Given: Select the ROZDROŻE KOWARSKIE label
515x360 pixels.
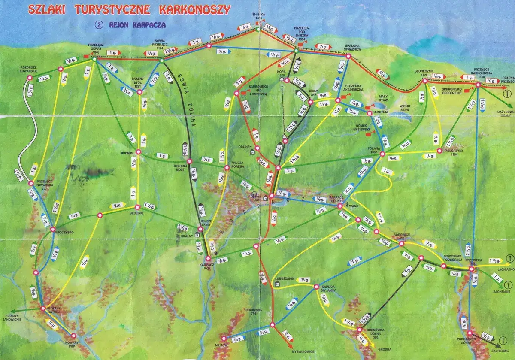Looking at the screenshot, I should [30, 69].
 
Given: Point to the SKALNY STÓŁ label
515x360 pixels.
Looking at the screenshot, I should [137, 85].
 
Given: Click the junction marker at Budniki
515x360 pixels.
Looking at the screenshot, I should [138, 152].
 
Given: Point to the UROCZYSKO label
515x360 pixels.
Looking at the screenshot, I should [64, 232].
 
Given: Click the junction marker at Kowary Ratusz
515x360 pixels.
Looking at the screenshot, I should [42, 308].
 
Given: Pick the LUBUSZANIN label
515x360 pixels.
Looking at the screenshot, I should [284, 278].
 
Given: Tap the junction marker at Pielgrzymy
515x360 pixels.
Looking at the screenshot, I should [440, 151].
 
